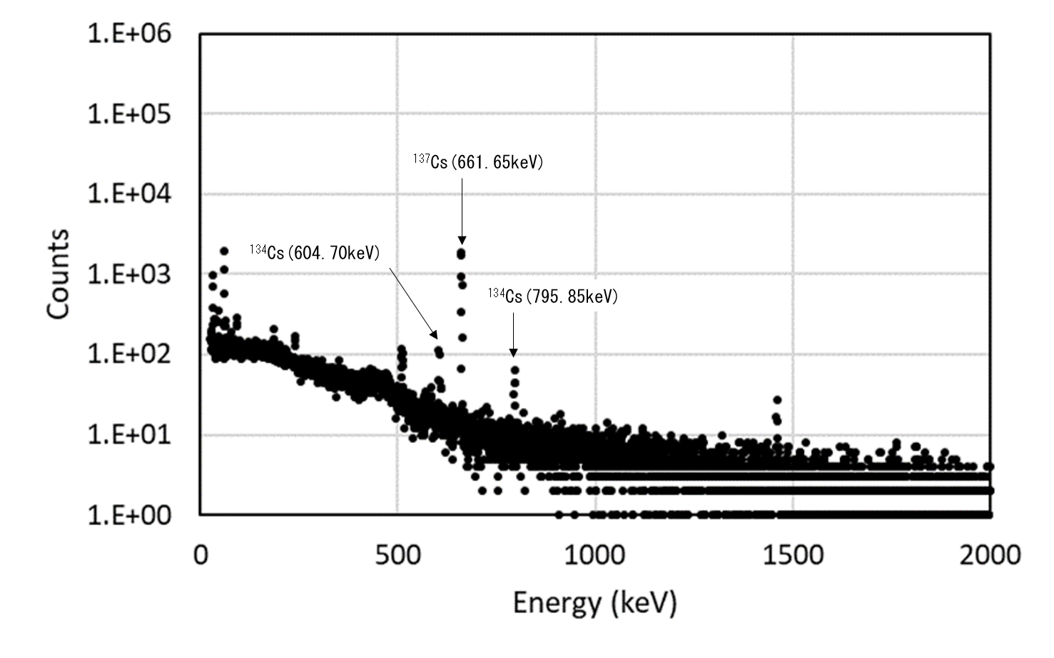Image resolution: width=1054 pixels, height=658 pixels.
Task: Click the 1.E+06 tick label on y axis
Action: [129, 34]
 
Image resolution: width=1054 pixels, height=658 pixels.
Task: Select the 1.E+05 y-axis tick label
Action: [129, 114]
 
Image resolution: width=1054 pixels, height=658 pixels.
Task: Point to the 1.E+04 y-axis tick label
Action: [129, 194]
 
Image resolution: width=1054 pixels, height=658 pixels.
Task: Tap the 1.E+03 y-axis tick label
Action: [129, 274]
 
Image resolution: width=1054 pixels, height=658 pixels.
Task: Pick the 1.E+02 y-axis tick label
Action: [129, 354]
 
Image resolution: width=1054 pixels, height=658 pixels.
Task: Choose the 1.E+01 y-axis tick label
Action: [129, 434]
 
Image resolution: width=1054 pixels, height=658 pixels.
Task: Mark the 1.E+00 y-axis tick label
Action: [129, 514]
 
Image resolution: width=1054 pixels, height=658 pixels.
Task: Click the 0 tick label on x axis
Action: [201, 555]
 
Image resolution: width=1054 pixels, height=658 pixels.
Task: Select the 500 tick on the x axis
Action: [397, 555]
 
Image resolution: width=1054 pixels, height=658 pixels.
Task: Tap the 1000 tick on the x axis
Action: [594, 555]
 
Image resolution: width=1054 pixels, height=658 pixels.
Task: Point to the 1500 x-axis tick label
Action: [792, 555]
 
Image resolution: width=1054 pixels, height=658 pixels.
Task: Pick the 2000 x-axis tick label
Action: [990, 555]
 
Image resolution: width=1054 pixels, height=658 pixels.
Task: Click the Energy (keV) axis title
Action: [594, 603]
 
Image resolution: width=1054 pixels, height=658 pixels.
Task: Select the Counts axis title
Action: [59, 274]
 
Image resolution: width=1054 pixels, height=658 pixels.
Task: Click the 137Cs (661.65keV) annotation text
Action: [477, 162]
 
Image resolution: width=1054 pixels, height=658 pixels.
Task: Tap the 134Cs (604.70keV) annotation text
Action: [315, 252]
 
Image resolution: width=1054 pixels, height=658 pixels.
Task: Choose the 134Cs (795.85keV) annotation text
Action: [553, 296]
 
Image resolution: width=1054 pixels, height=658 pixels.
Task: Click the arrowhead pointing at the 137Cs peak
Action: [462, 240]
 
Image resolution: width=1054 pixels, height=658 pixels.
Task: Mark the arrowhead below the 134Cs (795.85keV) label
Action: [513, 352]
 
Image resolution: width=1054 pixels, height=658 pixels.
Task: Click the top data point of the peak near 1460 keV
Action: [777, 400]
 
